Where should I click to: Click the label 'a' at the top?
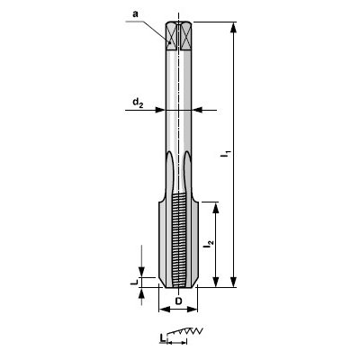coord(135,15)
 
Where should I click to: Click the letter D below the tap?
coord(178,300)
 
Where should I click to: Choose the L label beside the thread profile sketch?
coord(162,337)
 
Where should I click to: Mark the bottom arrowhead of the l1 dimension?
coord(233,283)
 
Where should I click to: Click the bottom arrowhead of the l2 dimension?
coord(216,283)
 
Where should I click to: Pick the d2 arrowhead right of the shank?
coord(199,110)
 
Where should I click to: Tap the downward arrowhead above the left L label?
coord(142,273)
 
